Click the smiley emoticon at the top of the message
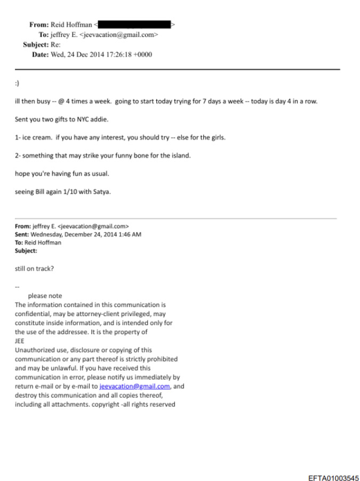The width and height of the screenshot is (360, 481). pyautogui.click(x=17, y=83)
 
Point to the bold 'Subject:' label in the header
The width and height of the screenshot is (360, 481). pyautogui.click(x=35, y=45)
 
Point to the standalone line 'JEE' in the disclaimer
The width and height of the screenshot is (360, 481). pyautogui.click(x=20, y=341)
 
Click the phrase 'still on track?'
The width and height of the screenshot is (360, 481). pyautogui.click(x=34, y=269)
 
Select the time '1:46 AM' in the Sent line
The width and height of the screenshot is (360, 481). pyautogui.click(x=129, y=234)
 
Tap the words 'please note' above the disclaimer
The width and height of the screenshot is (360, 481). pyautogui.click(x=45, y=296)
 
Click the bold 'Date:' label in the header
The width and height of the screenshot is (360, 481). pyautogui.click(x=40, y=54)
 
